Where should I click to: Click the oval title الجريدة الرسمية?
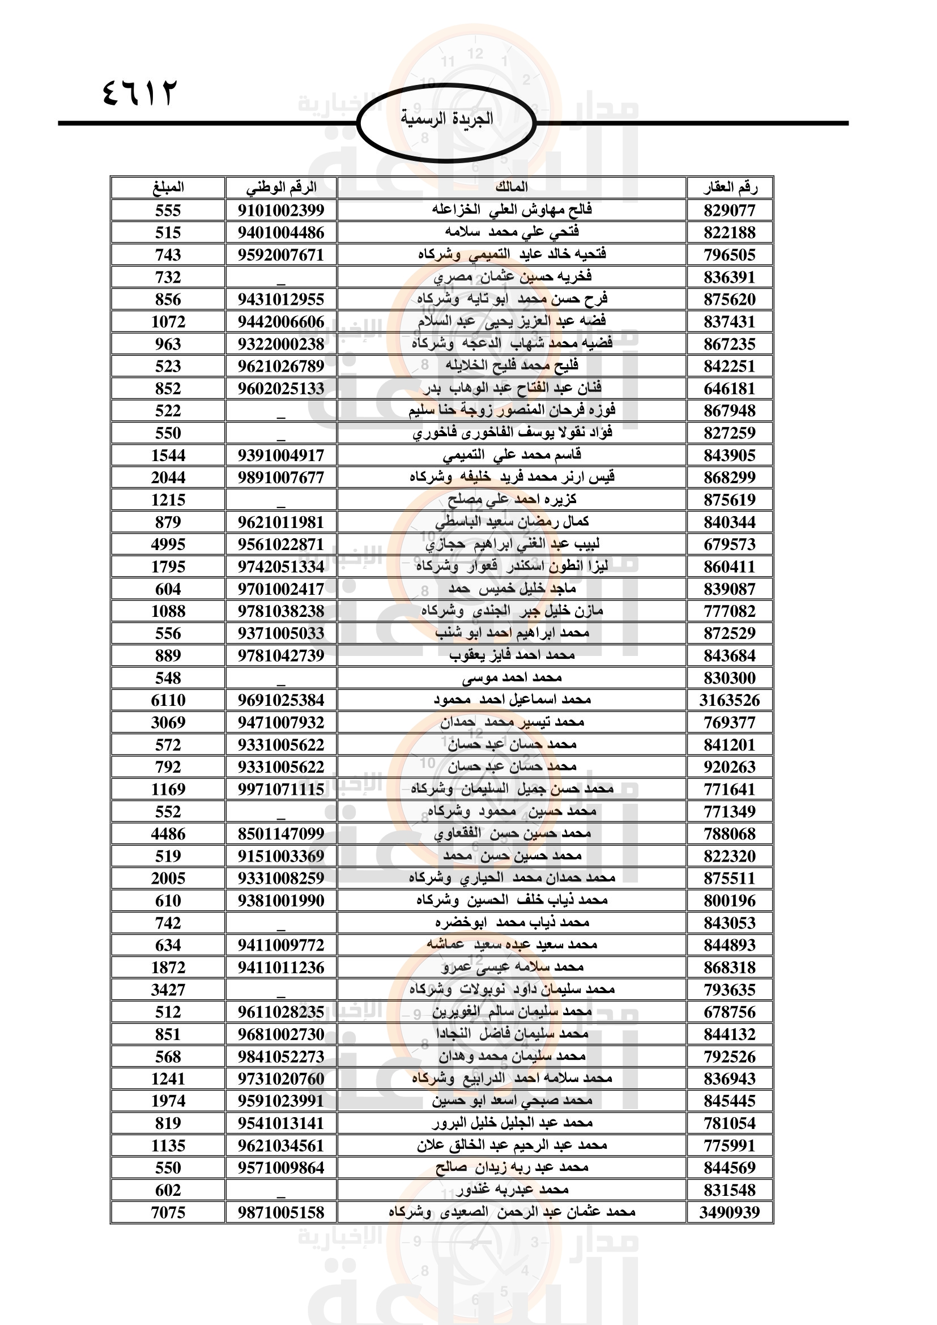446,120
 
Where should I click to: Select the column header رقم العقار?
730,188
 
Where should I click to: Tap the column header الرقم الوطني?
281,188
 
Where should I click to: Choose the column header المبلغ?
168,188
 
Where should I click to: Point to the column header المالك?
512,188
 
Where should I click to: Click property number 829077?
729,211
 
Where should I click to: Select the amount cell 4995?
168,544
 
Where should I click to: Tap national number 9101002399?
281,211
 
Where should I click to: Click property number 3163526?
729,701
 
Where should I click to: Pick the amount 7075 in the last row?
168,1212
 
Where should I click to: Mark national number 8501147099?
281,834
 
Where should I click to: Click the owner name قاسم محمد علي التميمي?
512,455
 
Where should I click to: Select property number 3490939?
729,1212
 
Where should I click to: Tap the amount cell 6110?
168,701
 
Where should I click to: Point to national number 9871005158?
281,1212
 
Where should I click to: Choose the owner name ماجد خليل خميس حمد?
512,589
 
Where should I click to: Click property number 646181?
729,389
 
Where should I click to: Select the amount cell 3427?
168,990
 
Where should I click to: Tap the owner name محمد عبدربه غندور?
512,1190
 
